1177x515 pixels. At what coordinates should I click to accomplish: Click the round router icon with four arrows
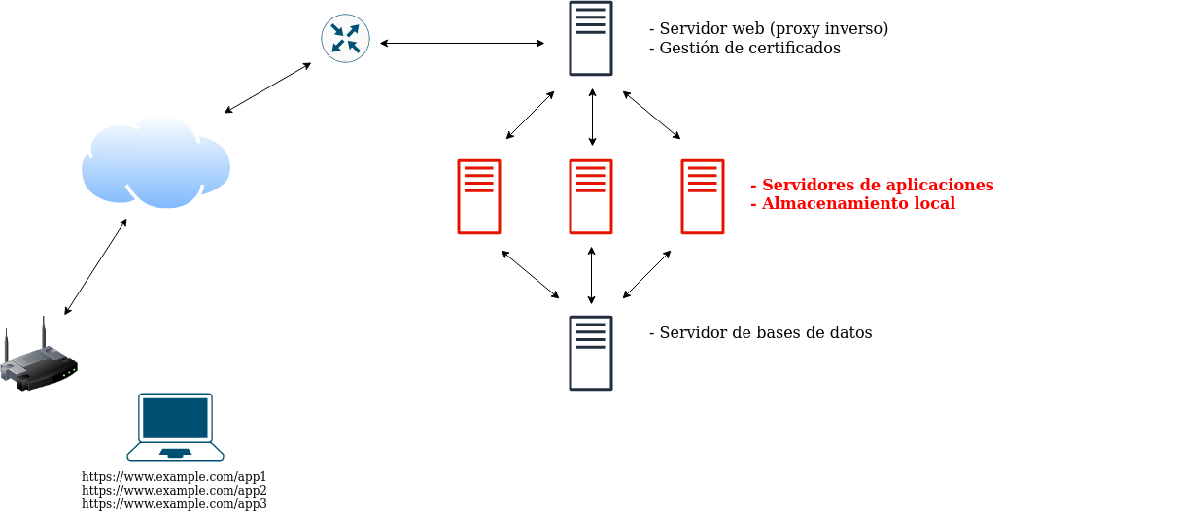click(x=345, y=39)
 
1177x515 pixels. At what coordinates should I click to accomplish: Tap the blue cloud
click(x=156, y=163)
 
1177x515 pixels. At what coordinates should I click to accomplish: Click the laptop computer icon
click(x=175, y=426)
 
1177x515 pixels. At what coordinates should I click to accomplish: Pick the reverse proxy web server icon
click(x=591, y=39)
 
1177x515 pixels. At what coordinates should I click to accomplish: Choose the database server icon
click(x=591, y=353)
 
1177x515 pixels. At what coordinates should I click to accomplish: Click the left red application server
click(x=479, y=196)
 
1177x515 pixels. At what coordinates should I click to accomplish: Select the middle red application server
click(x=591, y=196)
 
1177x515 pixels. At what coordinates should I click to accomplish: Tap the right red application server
click(x=703, y=196)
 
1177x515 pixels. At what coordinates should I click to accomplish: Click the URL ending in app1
click(x=174, y=477)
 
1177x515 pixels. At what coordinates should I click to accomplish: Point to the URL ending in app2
click(x=174, y=491)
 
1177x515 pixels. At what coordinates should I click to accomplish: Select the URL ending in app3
click(x=174, y=504)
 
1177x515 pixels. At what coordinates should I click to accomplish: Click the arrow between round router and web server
click(x=462, y=43)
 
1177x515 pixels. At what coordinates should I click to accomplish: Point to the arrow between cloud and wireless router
click(x=95, y=266)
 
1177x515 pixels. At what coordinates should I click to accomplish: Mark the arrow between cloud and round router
click(x=267, y=88)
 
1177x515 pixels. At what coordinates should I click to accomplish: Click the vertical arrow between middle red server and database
click(x=591, y=275)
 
